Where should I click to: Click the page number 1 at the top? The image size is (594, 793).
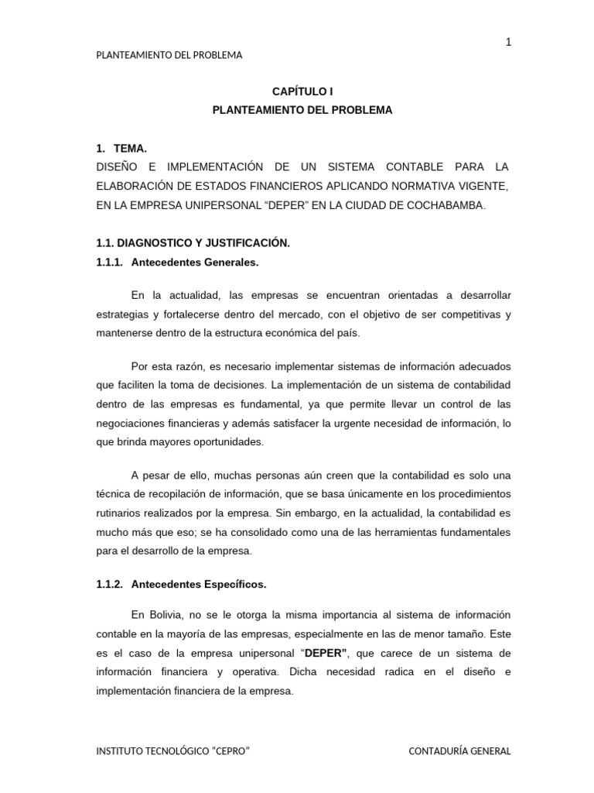[508, 43]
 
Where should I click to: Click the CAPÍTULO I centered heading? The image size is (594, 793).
[302, 91]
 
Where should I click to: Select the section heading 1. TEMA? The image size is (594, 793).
[121, 148]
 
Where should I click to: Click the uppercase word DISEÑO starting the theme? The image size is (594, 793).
[115, 167]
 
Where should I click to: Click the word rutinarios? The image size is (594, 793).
[118, 513]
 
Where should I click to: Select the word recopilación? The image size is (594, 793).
[185, 493]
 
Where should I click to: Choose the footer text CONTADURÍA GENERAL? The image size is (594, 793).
[459, 751]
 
